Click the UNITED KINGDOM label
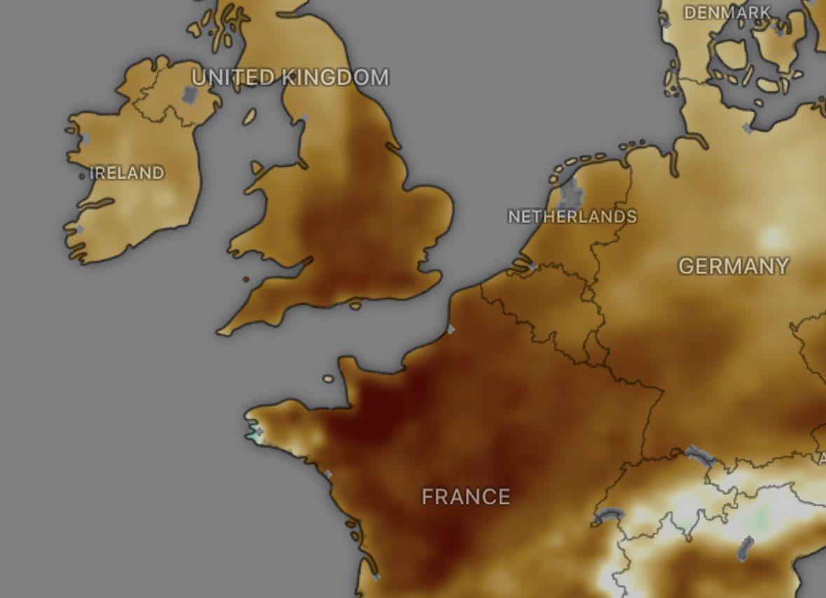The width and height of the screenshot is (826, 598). [x=290, y=77]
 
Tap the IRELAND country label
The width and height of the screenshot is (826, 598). [x=127, y=173]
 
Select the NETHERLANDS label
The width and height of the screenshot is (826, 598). [x=572, y=216]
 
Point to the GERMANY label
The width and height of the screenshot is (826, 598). [x=733, y=266]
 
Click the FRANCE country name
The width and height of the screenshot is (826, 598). [x=466, y=497]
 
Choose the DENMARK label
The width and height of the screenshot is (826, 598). [x=727, y=13]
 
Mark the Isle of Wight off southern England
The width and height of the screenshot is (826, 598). [x=355, y=305]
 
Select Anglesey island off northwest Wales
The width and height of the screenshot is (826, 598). [x=256, y=168]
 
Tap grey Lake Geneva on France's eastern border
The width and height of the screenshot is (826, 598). [x=607, y=517]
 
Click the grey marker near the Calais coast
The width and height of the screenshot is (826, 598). [x=450, y=328]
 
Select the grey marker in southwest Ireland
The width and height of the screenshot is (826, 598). [x=79, y=229]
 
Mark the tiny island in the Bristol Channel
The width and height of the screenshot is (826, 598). [x=247, y=280]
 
